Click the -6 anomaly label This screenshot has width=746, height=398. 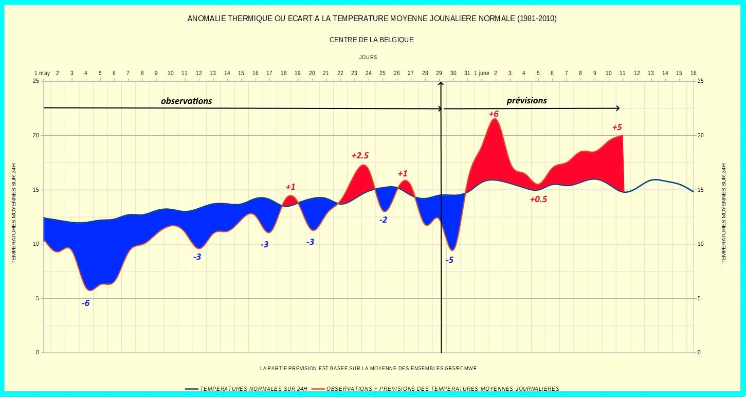point(85,303)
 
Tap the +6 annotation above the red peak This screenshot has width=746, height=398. point(494,114)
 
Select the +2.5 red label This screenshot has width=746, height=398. point(360,155)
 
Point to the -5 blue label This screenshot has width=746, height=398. point(449,260)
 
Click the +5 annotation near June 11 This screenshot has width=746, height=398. point(617,127)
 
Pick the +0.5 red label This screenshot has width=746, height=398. point(538,200)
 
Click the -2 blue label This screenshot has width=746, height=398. point(384,220)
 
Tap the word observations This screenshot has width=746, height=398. point(186,101)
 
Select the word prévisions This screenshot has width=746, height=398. point(526,101)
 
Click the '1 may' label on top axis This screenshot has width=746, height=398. point(42,74)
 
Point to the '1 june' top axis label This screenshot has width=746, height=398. point(482,74)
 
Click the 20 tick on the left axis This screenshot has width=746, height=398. point(36,136)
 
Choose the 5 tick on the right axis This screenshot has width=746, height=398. point(700,299)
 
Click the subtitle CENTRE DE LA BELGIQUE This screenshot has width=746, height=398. point(371,40)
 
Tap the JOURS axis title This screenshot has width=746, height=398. point(368,58)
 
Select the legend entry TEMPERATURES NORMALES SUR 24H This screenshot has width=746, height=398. point(253,389)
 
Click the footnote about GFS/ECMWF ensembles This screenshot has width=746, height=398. point(371,368)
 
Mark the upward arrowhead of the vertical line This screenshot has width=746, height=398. point(441,84)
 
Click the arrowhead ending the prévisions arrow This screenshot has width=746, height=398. point(618,108)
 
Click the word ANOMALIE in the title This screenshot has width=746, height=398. point(206,19)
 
